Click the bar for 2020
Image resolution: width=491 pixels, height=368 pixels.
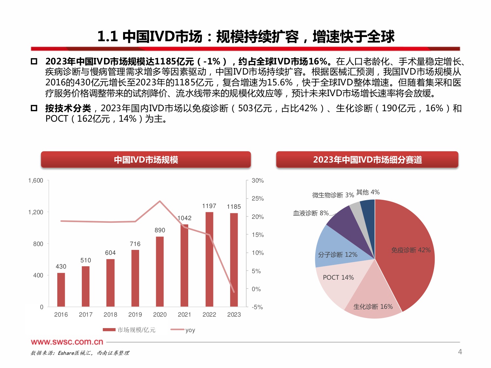coord(160,272)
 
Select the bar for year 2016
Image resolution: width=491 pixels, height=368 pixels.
coord(61,290)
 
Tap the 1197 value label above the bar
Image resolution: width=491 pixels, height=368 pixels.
coord(209,206)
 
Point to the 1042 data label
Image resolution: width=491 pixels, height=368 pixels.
coord(184,218)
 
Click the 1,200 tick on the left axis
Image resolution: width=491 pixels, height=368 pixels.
coord(36,212)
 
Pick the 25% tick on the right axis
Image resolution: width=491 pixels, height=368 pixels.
coord(258,198)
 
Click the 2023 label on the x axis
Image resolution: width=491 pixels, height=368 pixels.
coord(234,314)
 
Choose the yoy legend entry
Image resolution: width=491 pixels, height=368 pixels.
coord(183,330)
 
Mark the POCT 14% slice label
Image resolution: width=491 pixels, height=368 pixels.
coord(338,277)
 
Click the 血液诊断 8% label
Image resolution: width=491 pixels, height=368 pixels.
coord(311,213)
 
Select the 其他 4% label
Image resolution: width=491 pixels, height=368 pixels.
coord(368,192)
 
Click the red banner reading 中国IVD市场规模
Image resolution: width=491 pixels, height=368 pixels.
coord(146,160)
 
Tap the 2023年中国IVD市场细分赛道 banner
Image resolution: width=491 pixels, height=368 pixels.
coord(367,160)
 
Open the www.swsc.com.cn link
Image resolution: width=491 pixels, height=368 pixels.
coord(67,342)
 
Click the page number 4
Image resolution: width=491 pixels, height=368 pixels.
coord(460,352)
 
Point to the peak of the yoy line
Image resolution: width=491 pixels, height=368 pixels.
coord(160,201)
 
